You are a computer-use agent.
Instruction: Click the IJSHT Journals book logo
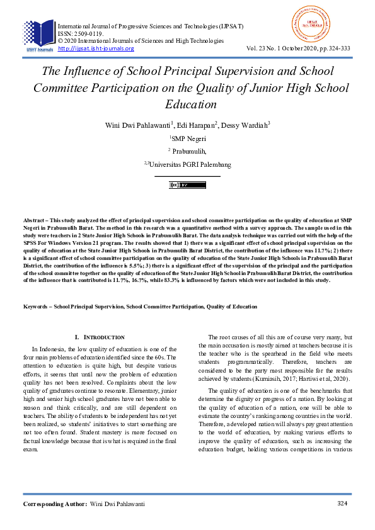click(38, 35)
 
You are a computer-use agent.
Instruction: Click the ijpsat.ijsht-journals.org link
click(96, 48)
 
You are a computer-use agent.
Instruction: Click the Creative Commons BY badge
click(187, 185)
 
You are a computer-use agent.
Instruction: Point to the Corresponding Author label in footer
click(55, 504)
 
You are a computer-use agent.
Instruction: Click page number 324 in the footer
click(342, 504)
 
